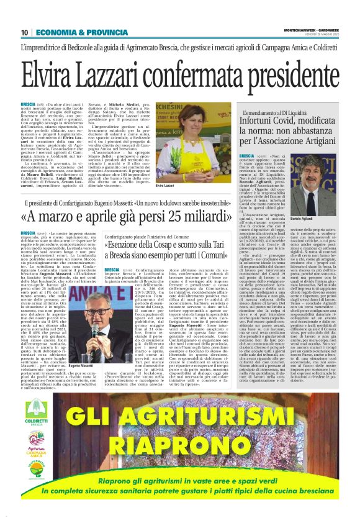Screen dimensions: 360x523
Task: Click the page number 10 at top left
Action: (24, 32)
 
